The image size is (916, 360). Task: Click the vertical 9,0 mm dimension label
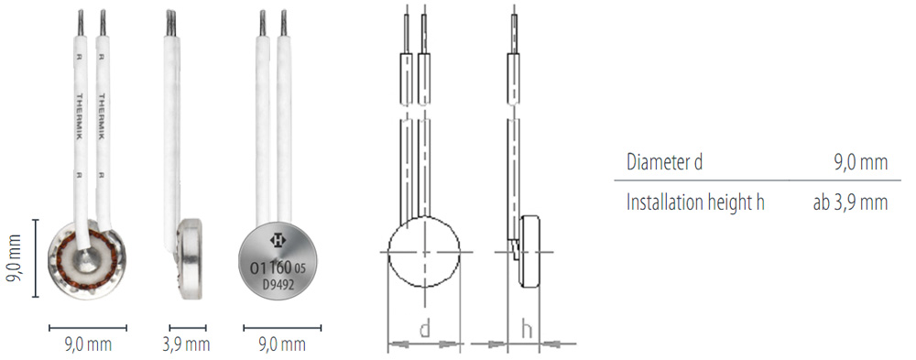[x=13, y=259]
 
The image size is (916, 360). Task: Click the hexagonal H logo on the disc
[x=277, y=238]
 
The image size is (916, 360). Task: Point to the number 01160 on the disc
[x=271, y=268]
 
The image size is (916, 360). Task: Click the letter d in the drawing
[x=424, y=330]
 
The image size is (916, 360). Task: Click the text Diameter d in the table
[x=664, y=162]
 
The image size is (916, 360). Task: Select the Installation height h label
[x=695, y=202]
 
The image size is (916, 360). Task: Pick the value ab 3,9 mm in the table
[x=850, y=202]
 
